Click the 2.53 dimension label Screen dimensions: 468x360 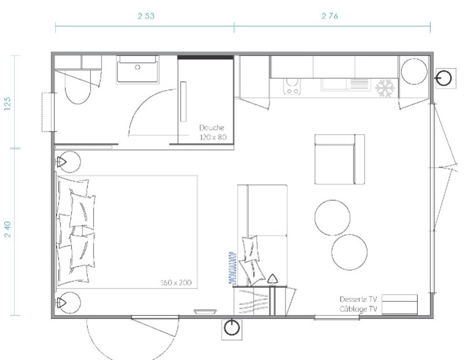pyautogui.click(x=146, y=16)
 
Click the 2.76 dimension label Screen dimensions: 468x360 pyautogui.click(x=330, y=16)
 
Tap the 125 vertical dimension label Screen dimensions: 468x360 pyautogui.click(x=8, y=103)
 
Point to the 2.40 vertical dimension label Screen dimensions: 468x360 pyautogui.click(x=8, y=229)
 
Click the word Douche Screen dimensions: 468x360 pyautogui.click(x=211, y=128)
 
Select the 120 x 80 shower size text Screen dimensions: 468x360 pyautogui.click(x=213, y=137)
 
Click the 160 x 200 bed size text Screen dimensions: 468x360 pyautogui.click(x=176, y=282)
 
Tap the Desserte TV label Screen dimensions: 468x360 pyautogui.click(x=358, y=299)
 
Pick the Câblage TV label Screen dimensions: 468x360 pyautogui.click(x=358, y=309)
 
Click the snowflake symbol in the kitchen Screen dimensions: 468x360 pyautogui.click(x=385, y=88)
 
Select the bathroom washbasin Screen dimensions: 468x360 pyautogui.click(x=137, y=70)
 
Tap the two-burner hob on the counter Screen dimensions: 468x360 pyautogui.click(x=292, y=86)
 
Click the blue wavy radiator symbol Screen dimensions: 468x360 pyautogui.click(x=232, y=268)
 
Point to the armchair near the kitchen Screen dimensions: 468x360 pyautogui.click(x=339, y=159)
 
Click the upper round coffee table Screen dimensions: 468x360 pyautogui.click(x=332, y=217)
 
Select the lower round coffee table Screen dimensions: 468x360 pyautogui.click(x=349, y=252)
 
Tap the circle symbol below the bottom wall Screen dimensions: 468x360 pyautogui.click(x=232, y=328)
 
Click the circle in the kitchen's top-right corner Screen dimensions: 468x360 pyautogui.click(x=414, y=72)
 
